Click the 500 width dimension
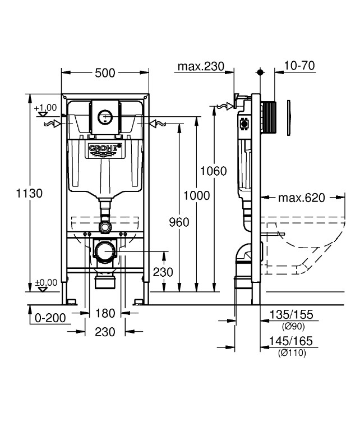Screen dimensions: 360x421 tap(105, 73)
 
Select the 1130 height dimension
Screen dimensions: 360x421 tap(29, 193)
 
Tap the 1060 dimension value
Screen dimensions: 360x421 tap(214, 171)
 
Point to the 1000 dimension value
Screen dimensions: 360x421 tap(196, 195)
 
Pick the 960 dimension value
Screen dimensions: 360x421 tap(179, 222)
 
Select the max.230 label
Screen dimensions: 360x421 tap(201, 66)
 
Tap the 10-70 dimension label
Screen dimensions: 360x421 tap(299, 66)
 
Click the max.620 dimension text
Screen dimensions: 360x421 tap(302, 198)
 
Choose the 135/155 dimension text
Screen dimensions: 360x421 tap(291, 315)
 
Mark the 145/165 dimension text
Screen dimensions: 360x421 tap(291, 341)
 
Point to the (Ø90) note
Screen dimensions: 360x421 tap(293, 326)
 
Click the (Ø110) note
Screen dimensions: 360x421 tap(292, 353)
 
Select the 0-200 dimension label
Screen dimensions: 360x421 tap(50, 318)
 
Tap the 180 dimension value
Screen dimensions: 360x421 tap(105, 313)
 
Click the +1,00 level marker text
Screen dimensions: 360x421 tap(45, 108)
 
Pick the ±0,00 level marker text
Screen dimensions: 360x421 tap(46, 283)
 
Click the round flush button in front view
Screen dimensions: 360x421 tap(104, 117)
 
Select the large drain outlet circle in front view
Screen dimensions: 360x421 tap(105, 251)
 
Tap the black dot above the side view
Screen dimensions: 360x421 tap(260, 72)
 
